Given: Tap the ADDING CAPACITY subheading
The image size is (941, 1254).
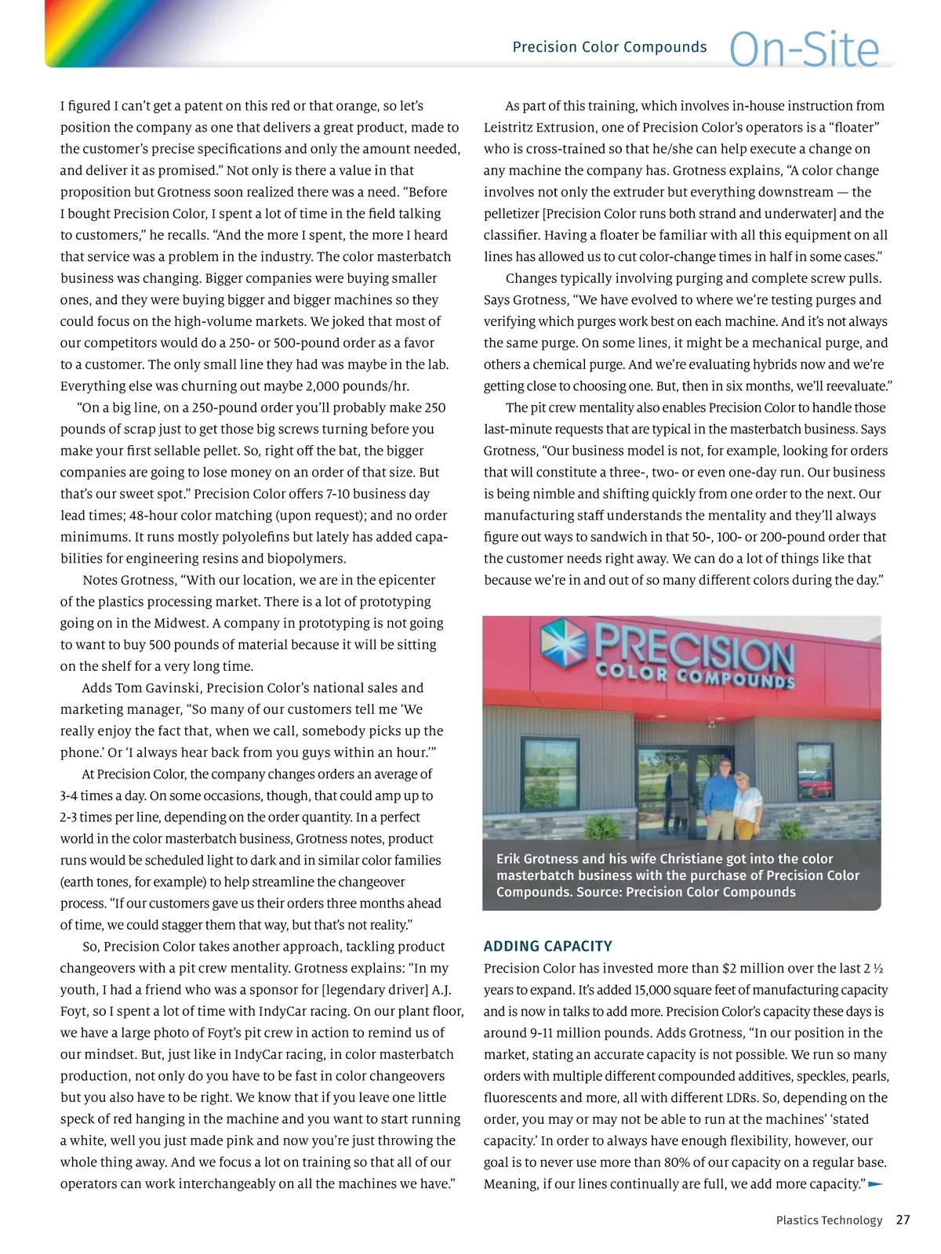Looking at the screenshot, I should click(547, 946).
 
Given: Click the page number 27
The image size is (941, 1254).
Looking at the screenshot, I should click(903, 1220).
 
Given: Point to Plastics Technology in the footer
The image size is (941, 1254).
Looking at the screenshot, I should click(829, 1220).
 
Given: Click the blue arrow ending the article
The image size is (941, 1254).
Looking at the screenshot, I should click(876, 1183).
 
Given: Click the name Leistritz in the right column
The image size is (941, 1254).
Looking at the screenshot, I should click(509, 127).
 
